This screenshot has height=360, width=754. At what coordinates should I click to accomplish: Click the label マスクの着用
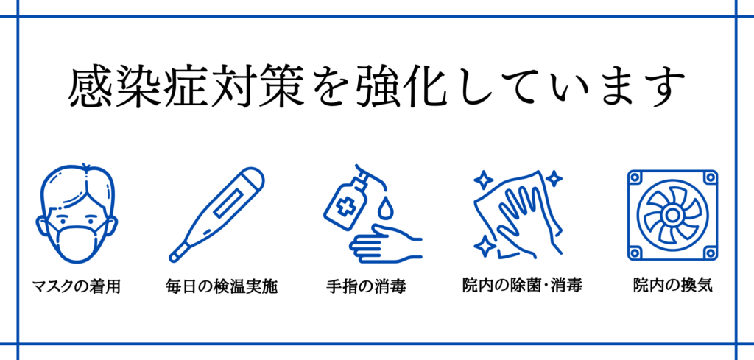76,287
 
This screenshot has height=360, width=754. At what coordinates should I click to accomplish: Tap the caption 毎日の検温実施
222,287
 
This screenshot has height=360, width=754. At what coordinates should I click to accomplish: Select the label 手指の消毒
367,287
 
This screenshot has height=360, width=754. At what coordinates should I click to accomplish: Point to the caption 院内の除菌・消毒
522,286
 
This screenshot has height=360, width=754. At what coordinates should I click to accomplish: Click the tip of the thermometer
172,258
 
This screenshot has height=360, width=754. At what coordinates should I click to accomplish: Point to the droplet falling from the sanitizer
385,209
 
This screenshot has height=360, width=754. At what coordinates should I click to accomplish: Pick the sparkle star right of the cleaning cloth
554,179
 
